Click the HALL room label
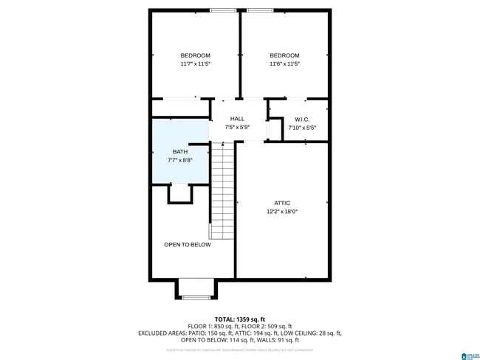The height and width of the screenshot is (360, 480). [x=237, y=119]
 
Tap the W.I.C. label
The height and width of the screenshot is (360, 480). [x=301, y=120]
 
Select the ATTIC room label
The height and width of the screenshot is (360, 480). [x=282, y=203]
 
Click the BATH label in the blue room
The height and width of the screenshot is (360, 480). [x=180, y=152]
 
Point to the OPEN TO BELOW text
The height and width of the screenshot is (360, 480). [x=187, y=245]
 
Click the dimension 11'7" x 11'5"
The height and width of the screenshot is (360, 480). [x=196, y=64]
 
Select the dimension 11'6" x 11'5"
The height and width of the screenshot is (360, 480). [x=284, y=64]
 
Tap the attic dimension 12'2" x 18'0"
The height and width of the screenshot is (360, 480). [x=282, y=212]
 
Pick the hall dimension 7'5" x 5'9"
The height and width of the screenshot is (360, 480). [x=237, y=128]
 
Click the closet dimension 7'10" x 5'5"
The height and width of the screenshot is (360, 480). [x=301, y=128]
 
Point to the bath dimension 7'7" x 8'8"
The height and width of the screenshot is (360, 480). [x=180, y=161]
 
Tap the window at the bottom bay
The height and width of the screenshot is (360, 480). [x=196, y=297]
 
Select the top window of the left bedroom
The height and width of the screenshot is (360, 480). [x=222, y=10]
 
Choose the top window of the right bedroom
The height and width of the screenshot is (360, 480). [x=260, y=10]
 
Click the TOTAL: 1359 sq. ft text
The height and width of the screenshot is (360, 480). [x=240, y=319]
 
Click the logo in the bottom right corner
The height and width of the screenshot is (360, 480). [x=467, y=355]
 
